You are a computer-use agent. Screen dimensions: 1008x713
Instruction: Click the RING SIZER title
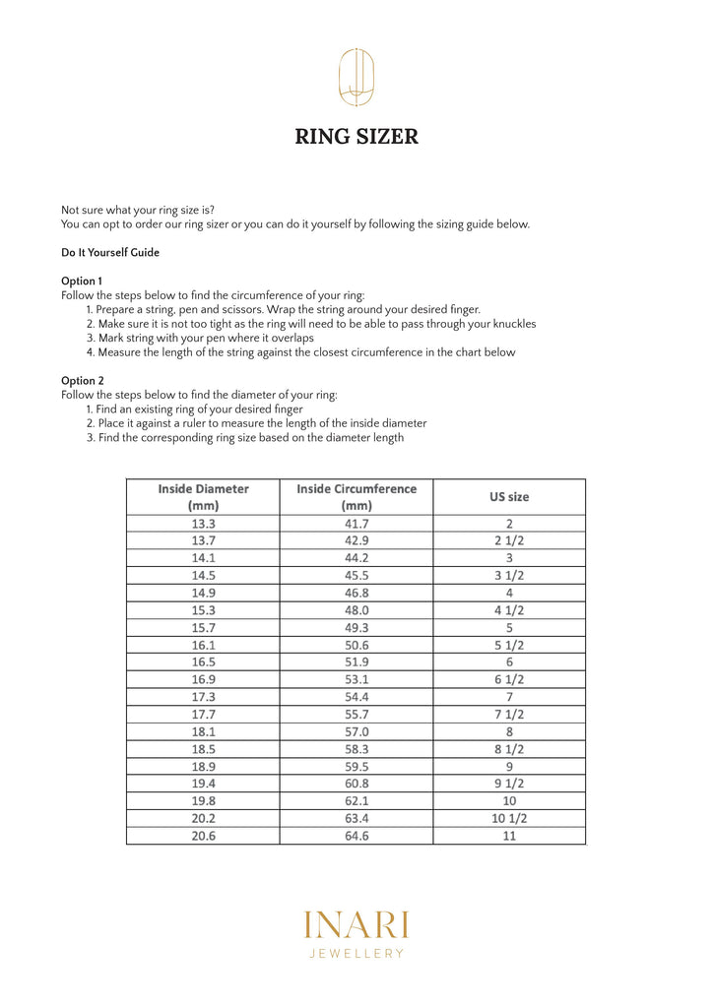(x=356, y=136)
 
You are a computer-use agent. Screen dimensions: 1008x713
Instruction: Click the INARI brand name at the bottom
(x=356, y=925)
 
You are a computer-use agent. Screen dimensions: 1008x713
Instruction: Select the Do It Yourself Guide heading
(x=110, y=252)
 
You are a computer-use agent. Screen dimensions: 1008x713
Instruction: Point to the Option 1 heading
(x=82, y=281)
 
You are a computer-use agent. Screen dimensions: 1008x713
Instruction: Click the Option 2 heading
(x=83, y=380)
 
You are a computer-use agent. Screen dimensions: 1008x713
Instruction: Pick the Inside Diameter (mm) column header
(x=203, y=496)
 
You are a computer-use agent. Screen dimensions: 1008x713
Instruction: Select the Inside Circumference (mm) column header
(x=356, y=496)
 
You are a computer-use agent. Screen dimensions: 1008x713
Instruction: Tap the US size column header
(x=509, y=496)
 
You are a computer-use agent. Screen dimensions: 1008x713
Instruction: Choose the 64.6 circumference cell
(x=356, y=836)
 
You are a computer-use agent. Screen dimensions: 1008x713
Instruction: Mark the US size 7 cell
(x=509, y=697)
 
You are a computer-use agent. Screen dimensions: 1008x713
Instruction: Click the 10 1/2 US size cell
(x=509, y=818)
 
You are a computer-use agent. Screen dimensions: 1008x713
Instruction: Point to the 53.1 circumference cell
(x=356, y=679)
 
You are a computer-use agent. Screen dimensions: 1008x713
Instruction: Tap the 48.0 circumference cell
(x=356, y=610)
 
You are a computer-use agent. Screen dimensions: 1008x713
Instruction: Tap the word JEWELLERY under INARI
(x=356, y=953)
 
